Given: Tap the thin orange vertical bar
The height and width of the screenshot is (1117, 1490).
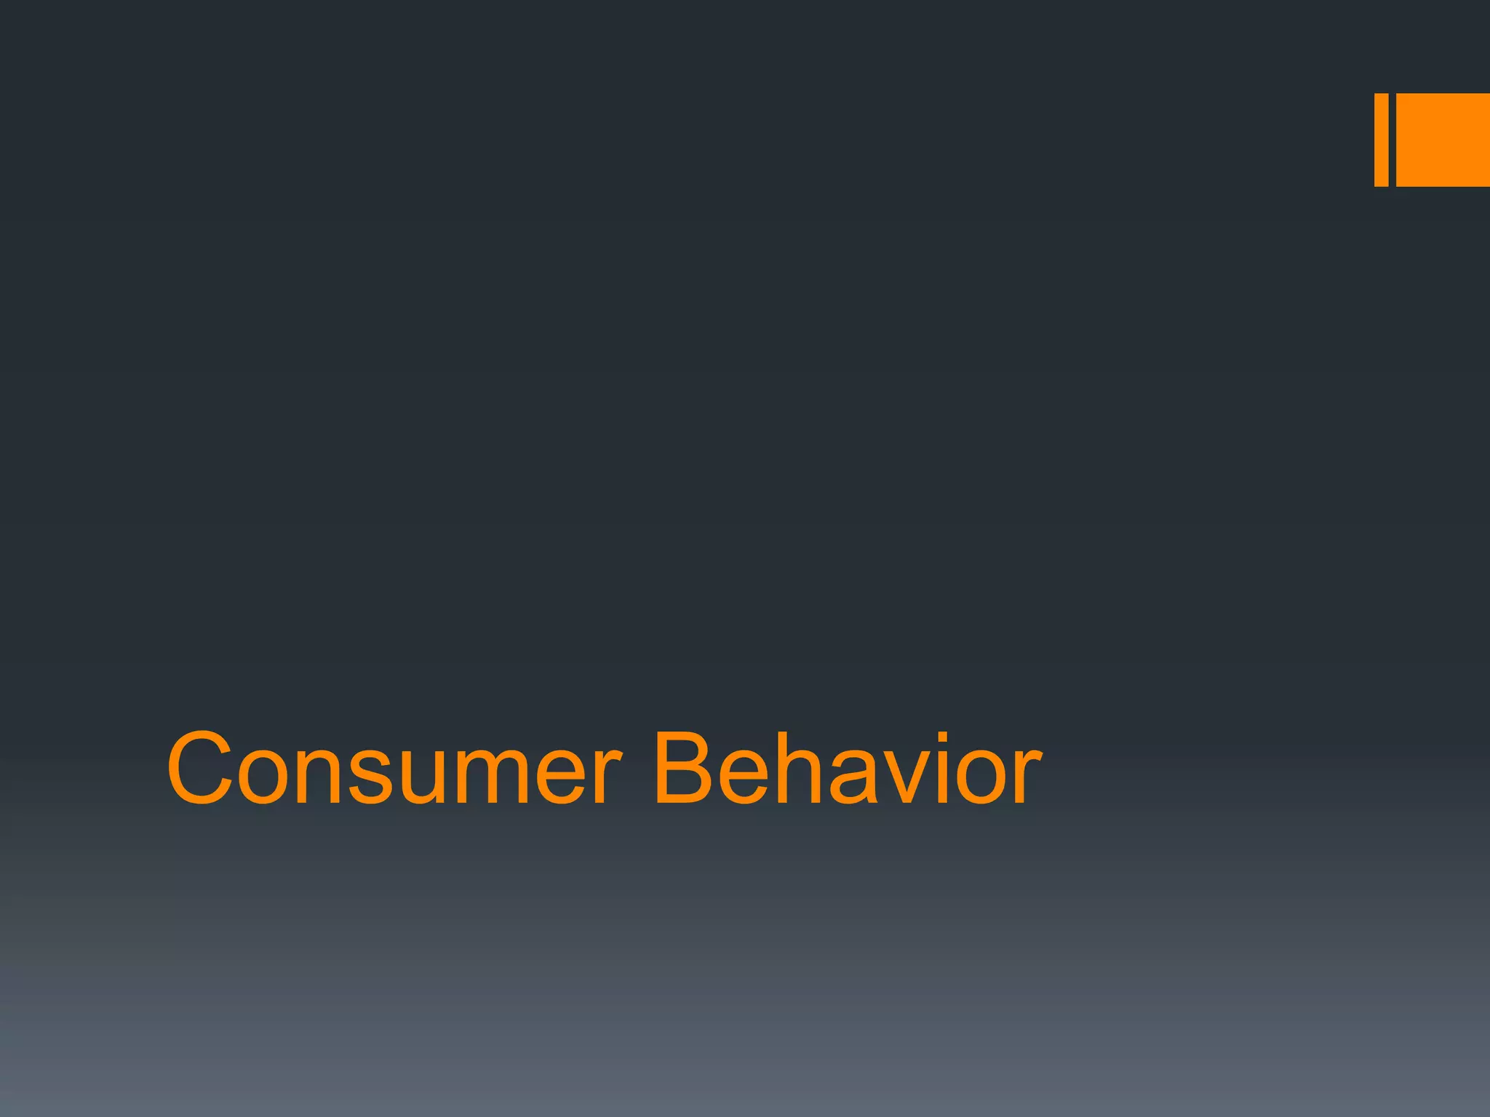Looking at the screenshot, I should pyautogui.click(x=1381, y=140).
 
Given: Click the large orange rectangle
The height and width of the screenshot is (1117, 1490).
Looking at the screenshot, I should pyautogui.click(x=1443, y=140).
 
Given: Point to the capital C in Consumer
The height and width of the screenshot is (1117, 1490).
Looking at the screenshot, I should pyautogui.click(x=200, y=769).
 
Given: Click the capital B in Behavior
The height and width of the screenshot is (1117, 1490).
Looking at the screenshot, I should pyautogui.click(x=684, y=769).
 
